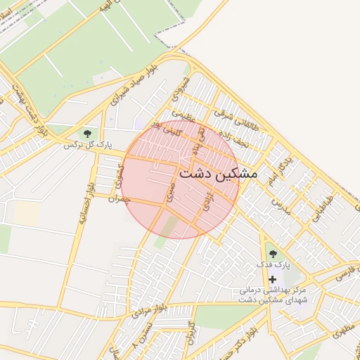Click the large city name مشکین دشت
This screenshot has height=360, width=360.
219,172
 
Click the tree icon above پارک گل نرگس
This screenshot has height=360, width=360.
87,133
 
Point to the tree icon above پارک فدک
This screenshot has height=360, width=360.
272,253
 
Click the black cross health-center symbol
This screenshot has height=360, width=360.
272,279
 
